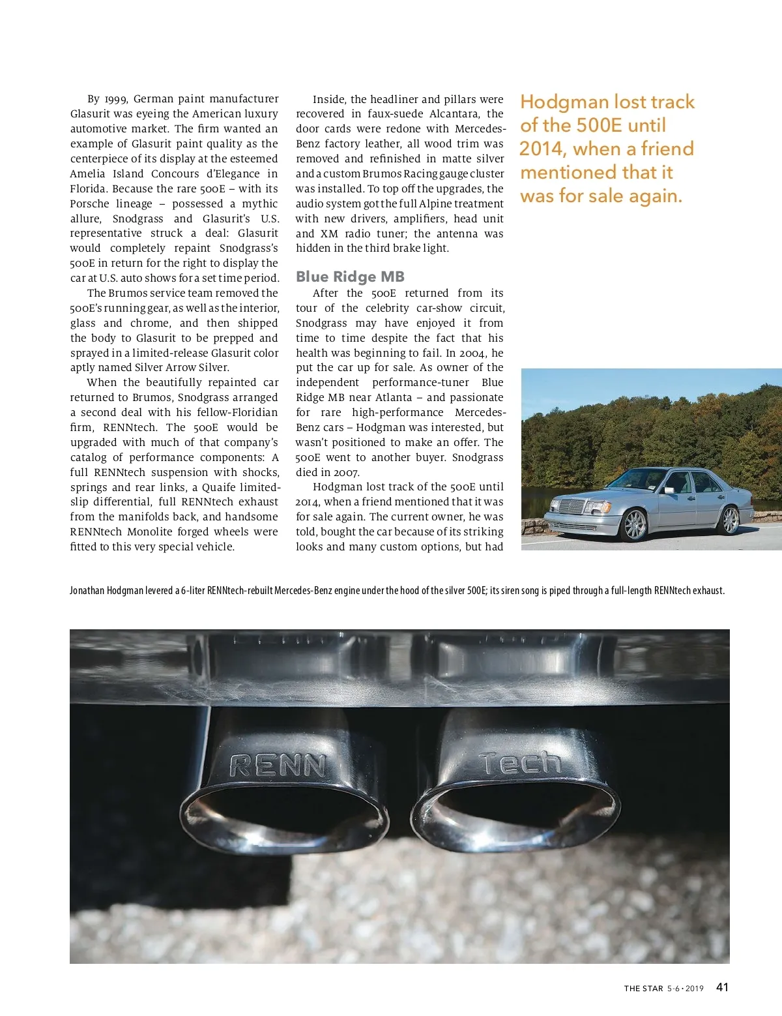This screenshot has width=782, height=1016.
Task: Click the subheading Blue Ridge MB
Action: [x=350, y=276]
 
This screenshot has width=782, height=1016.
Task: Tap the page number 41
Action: [x=722, y=987]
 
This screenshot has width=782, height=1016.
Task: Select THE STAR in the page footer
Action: [x=643, y=989]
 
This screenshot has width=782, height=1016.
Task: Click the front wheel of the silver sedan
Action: [x=634, y=524]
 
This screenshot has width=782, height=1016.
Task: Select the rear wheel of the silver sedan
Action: [x=731, y=519]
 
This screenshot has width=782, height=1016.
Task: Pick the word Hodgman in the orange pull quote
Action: [x=565, y=102]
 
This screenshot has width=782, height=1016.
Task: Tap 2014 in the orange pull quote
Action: [x=543, y=149]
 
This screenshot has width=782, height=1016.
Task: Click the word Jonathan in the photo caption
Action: [x=87, y=591]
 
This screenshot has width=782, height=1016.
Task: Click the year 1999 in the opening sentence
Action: [x=115, y=99]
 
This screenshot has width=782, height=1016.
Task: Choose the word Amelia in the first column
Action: [x=87, y=174]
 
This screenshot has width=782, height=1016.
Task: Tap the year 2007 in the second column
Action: [x=345, y=472]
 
